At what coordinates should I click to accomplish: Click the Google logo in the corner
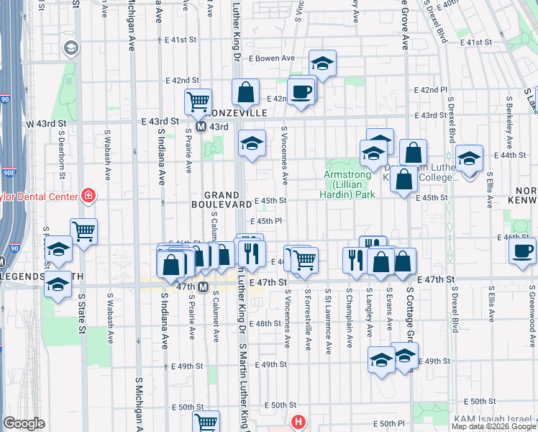tap(24, 423)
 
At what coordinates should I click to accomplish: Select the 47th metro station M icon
tap(204, 287)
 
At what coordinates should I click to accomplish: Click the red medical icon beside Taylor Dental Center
tap(88, 194)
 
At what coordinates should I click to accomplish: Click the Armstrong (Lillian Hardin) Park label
tap(348, 184)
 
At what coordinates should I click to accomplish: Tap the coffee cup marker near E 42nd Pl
tap(301, 91)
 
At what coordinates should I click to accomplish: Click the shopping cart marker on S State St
tap(84, 231)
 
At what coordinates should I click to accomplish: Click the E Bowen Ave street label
tap(272, 58)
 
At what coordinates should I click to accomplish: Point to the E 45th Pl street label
tap(265, 222)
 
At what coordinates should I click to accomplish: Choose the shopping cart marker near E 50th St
tap(206, 423)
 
